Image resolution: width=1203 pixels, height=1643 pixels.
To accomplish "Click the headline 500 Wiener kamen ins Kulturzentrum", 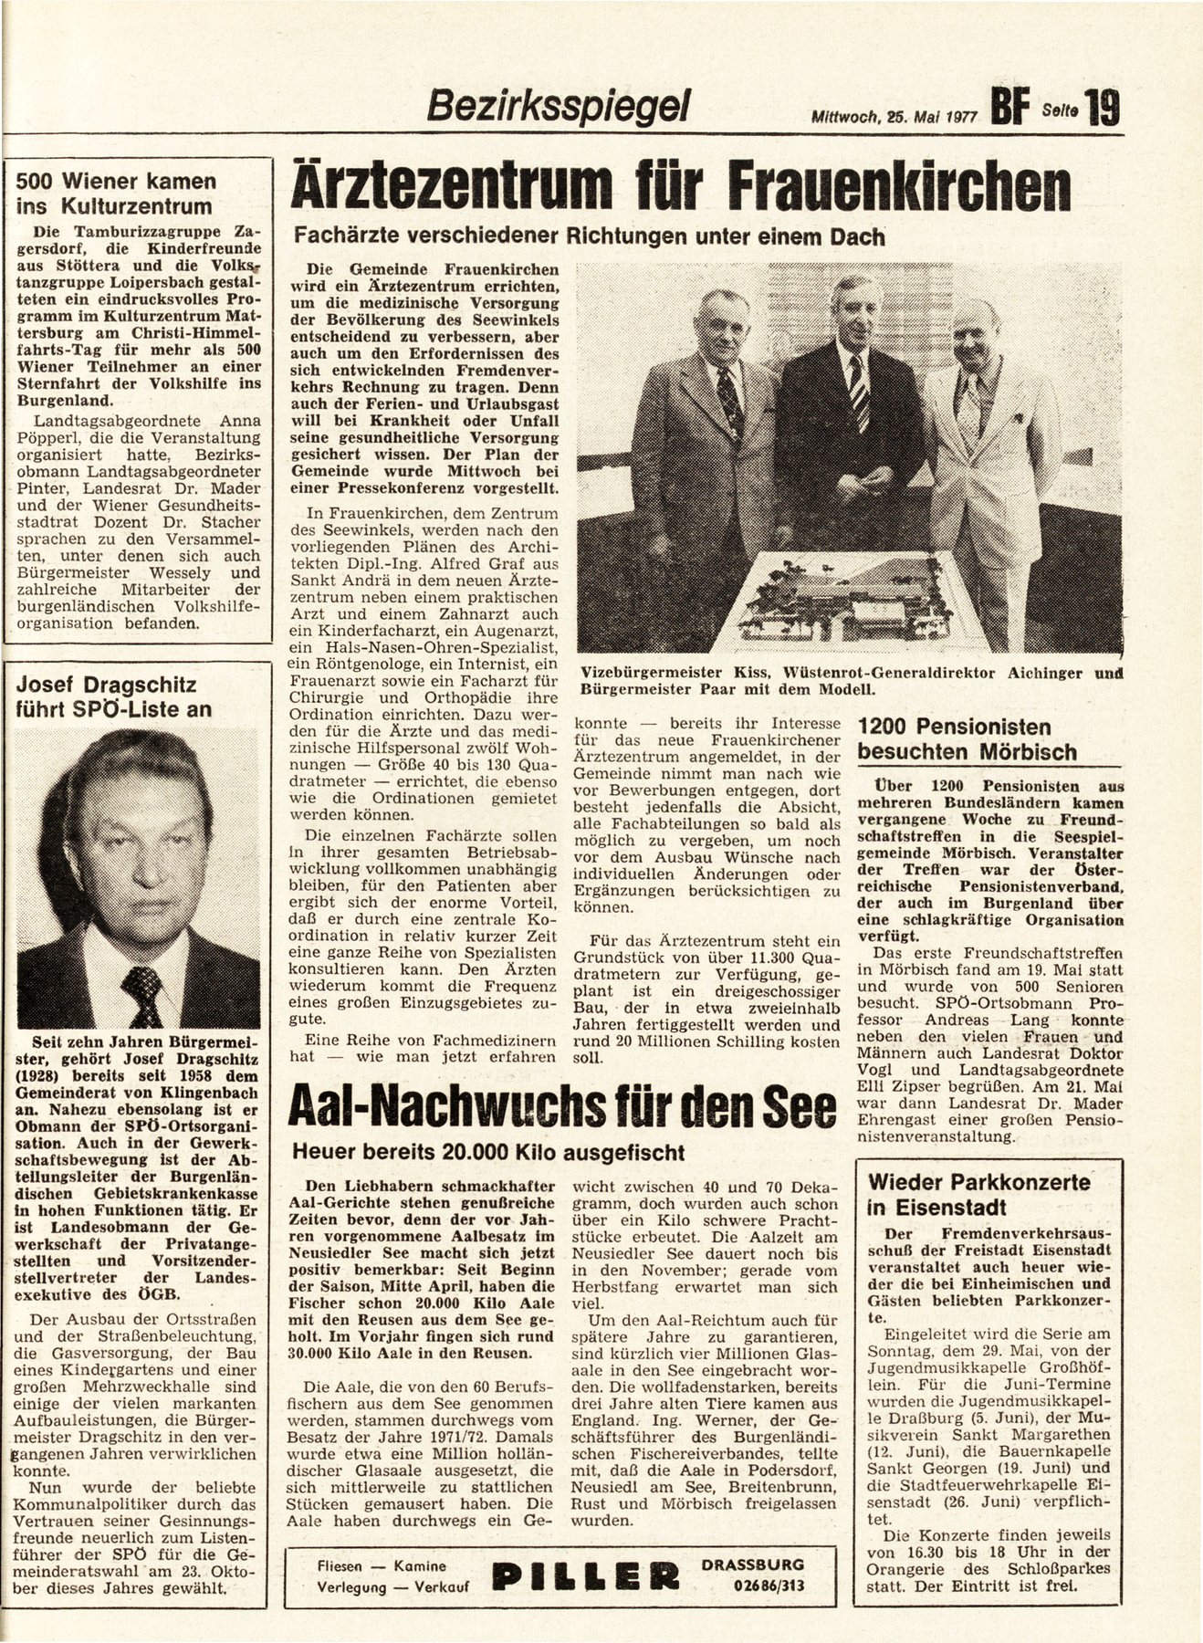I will coord(117,193).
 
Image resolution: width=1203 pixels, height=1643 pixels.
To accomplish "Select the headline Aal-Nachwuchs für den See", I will coord(562,1108).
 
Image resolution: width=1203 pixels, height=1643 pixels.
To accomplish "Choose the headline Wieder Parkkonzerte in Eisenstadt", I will coord(979,1194).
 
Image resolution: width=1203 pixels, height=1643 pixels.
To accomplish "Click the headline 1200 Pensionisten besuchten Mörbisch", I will coord(967,739).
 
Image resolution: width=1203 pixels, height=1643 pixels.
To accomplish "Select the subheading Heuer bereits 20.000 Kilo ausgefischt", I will coord(487,1151).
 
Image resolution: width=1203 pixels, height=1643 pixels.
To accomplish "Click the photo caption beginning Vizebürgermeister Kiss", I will coord(850,681).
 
